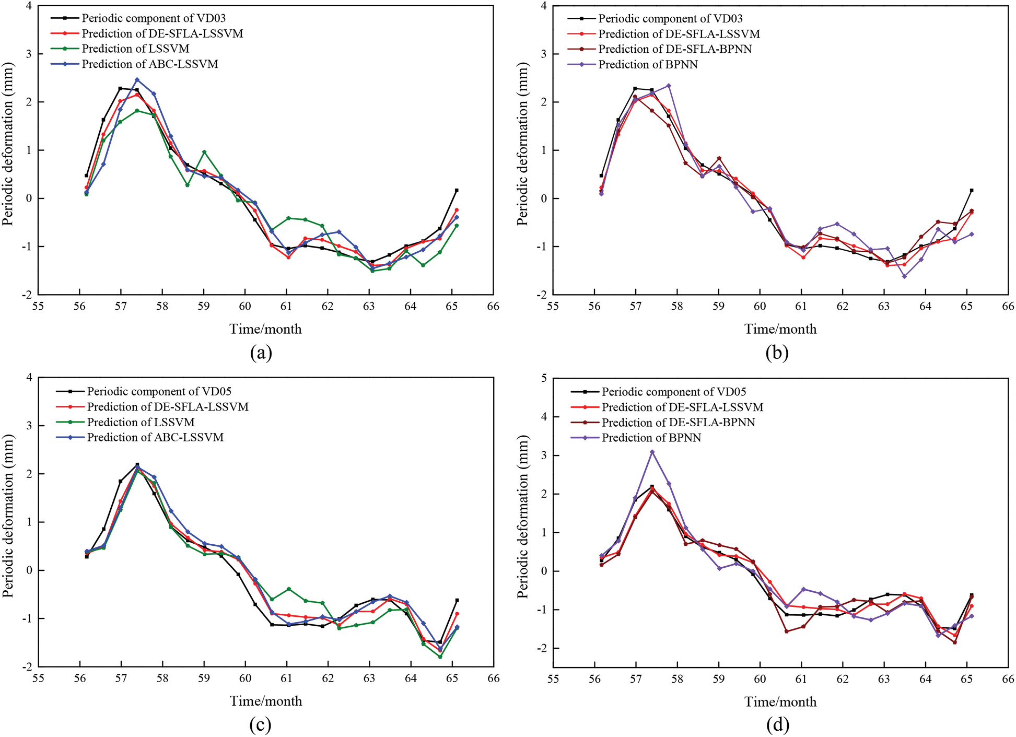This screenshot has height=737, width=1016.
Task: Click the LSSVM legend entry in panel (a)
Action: (x=135, y=49)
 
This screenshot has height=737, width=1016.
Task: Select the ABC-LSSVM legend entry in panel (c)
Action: (x=155, y=437)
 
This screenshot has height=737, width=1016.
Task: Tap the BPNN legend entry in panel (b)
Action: (x=648, y=64)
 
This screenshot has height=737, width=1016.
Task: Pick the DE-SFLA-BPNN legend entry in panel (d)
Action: (x=678, y=422)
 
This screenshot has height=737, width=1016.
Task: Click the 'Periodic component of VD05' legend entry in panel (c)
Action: (x=159, y=391)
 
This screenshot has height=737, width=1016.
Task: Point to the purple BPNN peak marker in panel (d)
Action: (x=652, y=452)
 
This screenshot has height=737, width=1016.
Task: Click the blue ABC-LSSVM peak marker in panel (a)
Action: (x=137, y=80)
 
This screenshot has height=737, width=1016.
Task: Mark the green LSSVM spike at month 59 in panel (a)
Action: (x=204, y=152)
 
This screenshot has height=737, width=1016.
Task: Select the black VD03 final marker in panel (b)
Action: (x=972, y=190)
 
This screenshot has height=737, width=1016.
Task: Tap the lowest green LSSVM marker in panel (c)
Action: (x=440, y=657)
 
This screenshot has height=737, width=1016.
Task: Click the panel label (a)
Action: (x=261, y=353)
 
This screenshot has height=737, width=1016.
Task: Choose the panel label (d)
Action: (x=777, y=724)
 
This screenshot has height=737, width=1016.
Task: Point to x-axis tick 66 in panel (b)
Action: (x=1008, y=306)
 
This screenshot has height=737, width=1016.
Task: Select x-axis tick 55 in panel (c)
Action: (x=38, y=678)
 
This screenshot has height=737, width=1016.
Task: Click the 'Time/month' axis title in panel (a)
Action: (x=265, y=329)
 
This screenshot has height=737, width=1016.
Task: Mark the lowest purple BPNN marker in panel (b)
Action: (x=904, y=276)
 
